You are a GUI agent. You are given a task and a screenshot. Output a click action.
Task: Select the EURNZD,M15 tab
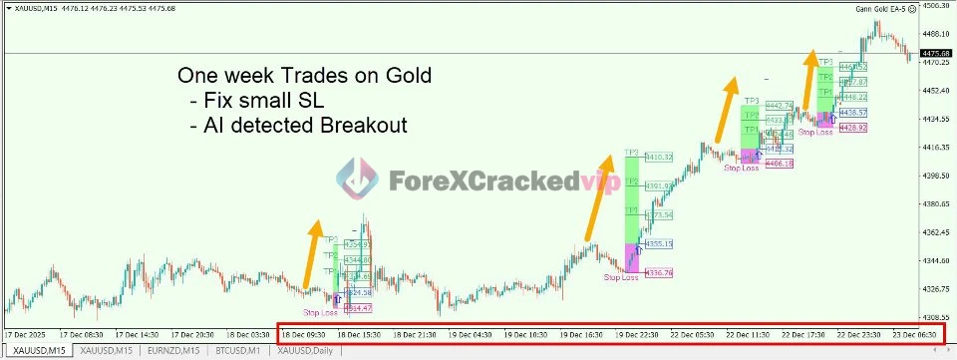(170, 352)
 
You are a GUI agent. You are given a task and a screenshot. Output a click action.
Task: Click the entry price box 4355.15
(659, 243)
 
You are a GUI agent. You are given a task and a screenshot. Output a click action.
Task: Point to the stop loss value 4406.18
(780, 164)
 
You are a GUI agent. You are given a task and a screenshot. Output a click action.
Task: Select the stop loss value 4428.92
(853, 129)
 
